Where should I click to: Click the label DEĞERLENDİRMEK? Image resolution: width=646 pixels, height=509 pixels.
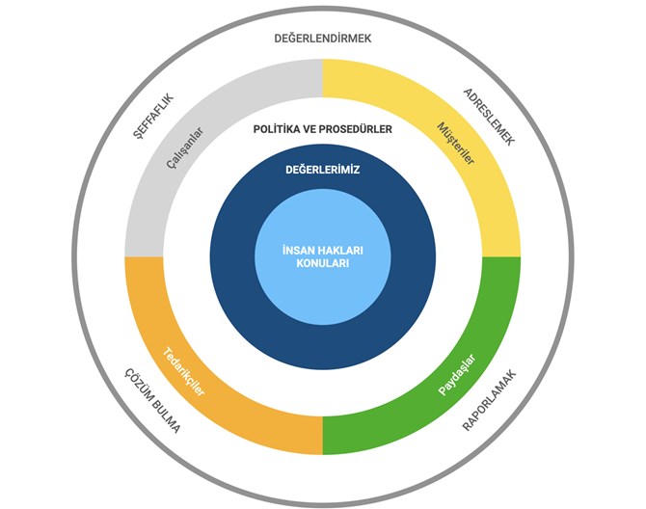tap(323, 38)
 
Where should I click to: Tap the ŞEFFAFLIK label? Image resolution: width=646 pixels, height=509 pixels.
tap(153, 117)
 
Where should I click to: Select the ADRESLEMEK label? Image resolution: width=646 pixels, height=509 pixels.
tap(490, 117)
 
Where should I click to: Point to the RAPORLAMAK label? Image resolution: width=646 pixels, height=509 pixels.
tap(489, 401)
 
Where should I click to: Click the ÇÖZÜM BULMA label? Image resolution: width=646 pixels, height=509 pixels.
tap(153, 400)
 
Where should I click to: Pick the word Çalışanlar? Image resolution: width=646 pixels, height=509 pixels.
tap(185, 147)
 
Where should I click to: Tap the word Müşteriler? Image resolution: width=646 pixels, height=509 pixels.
tap(456, 144)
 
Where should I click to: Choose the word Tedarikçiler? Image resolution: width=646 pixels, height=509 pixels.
tap(183, 372)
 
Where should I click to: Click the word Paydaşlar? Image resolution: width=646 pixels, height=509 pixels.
tap(457, 375)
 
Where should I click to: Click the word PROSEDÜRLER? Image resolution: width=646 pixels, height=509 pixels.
tap(356, 129)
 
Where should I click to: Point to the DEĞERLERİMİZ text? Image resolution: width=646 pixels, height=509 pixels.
tap(323, 170)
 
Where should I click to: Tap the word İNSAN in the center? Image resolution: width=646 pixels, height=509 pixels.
tap(299, 251)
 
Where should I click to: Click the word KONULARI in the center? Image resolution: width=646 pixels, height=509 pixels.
tap(323, 263)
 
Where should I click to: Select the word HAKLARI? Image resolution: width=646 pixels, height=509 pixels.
tap(340, 251)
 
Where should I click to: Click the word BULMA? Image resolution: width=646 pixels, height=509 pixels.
tap(166, 415)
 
